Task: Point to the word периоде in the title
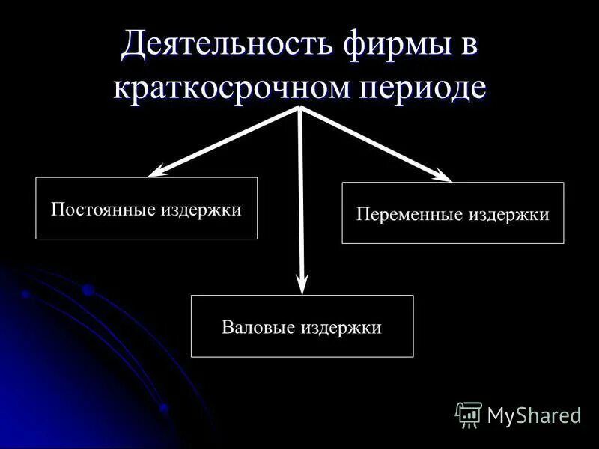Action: [x=424, y=88]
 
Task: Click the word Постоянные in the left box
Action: [x=103, y=209]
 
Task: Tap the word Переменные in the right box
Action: [x=410, y=215]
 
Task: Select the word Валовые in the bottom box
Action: [x=259, y=328]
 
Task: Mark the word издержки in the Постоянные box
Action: [x=201, y=209]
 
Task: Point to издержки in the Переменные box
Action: [x=509, y=215]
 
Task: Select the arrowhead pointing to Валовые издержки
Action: [x=302, y=285]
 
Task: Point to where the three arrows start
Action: [x=299, y=108]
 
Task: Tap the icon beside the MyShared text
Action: [x=469, y=414]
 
